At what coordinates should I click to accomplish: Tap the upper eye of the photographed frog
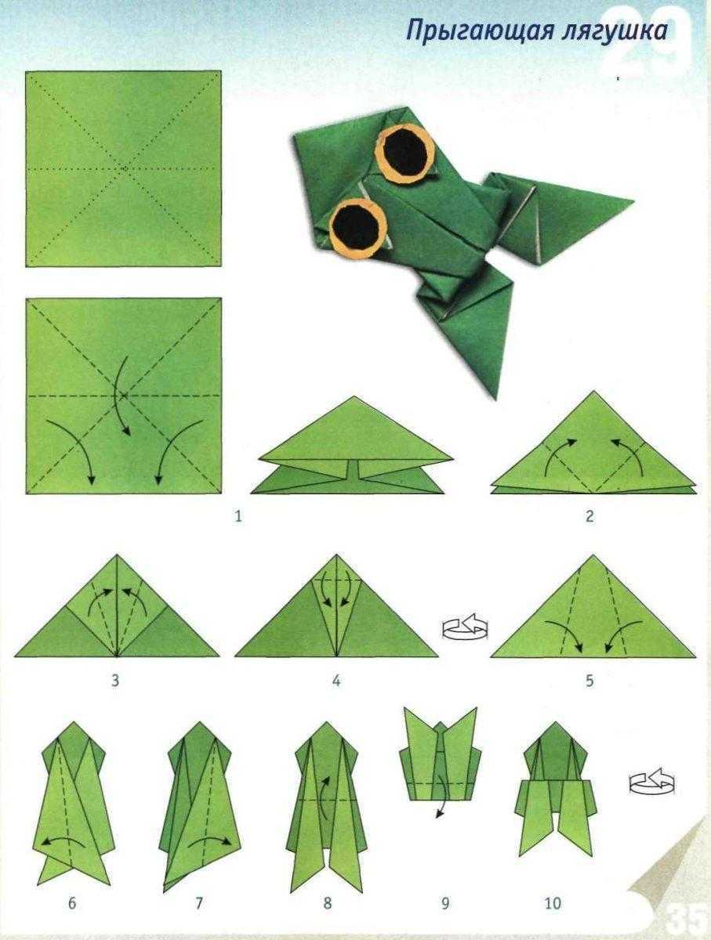point(405,153)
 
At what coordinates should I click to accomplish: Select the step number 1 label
point(238,516)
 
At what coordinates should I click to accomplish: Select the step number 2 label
point(589,516)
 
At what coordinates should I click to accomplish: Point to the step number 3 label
point(115,681)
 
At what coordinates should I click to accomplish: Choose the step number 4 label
point(336,681)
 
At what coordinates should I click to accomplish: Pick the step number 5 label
point(589,681)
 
